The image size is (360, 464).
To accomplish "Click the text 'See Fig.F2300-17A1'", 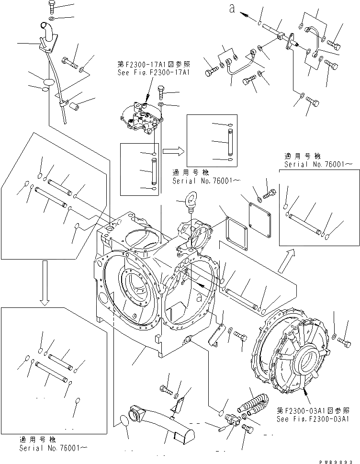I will tap(153, 73).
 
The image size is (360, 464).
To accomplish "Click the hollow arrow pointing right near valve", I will tap(173, 151).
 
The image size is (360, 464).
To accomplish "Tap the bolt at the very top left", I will tap(52, 7).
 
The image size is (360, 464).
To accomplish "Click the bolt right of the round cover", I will tap(344, 341).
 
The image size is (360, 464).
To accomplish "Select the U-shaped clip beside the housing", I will tap(218, 332).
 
